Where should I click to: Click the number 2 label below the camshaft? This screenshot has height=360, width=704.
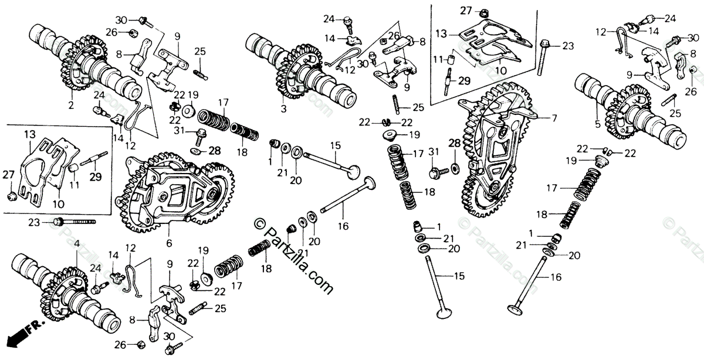click(71, 106)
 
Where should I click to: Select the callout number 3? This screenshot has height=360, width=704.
click(283, 109)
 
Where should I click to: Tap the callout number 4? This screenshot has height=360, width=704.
click(76, 243)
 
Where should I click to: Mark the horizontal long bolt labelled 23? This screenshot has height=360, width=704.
click(73, 222)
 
